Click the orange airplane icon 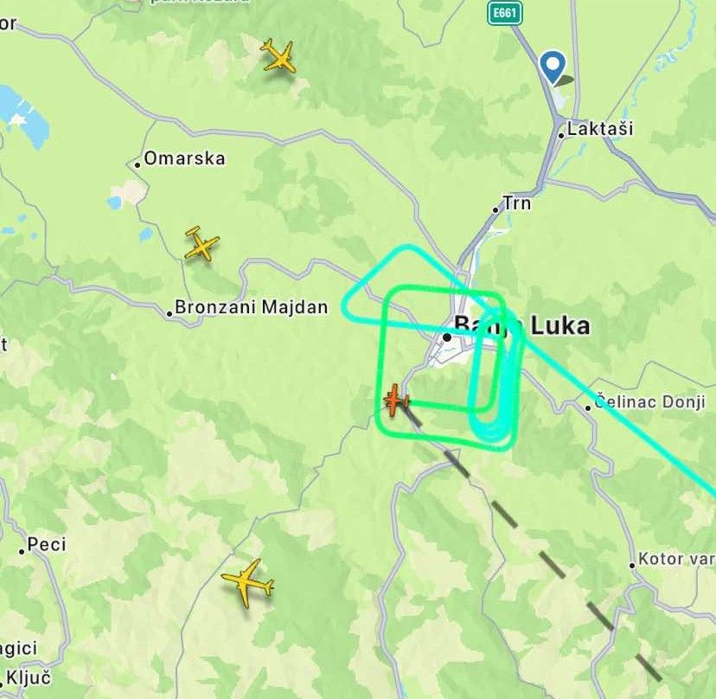point(395,401)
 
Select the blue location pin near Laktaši point(552,66)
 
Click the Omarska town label point(184,158)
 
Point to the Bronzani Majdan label point(251,307)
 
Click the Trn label point(517,204)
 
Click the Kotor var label point(676,559)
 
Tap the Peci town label point(47,545)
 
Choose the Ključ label point(29,677)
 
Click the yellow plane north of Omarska point(278,56)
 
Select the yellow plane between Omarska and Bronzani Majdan point(201,246)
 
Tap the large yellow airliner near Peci point(248,582)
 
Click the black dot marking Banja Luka point(447,337)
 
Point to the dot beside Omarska point(137,164)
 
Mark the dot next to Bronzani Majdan point(169,313)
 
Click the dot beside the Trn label point(496,209)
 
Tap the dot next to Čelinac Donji point(588,407)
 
